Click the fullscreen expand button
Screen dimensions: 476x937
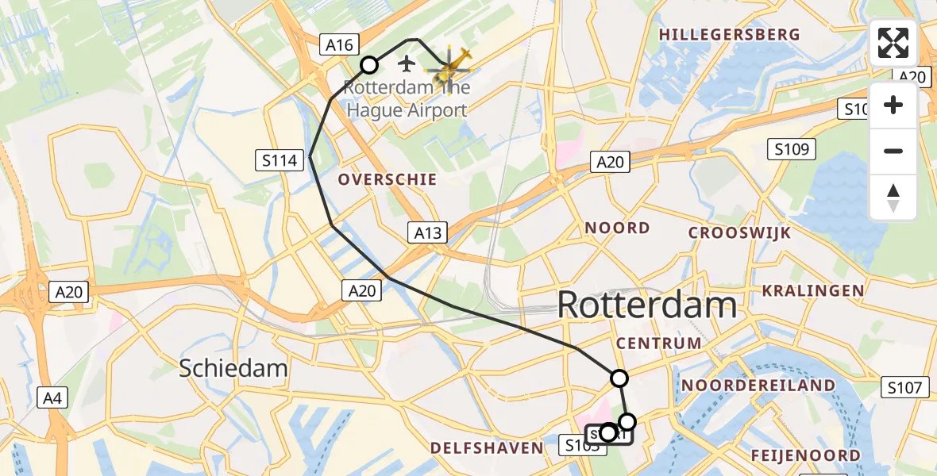click(x=893, y=43)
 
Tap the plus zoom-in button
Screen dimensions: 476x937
click(x=893, y=106)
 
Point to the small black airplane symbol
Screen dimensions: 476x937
click(x=407, y=63)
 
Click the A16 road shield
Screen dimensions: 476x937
click(x=341, y=44)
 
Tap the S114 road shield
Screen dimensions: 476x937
click(x=280, y=161)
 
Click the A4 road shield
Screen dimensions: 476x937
click(x=53, y=397)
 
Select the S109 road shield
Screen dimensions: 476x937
click(x=792, y=148)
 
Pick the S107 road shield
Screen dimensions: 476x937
click(x=904, y=387)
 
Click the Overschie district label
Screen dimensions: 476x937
click(x=388, y=180)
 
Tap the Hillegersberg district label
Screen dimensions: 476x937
click(x=729, y=35)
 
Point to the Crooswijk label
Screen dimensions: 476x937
click(x=740, y=233)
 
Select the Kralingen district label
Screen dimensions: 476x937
click(x=813, y=291)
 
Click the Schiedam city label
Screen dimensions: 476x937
click(x=233, y=368)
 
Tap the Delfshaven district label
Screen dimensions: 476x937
click(x=487, y=449)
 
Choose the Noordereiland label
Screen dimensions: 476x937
click(x=758, y=386)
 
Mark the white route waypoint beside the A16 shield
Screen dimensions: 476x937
click(x=369, y=65)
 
